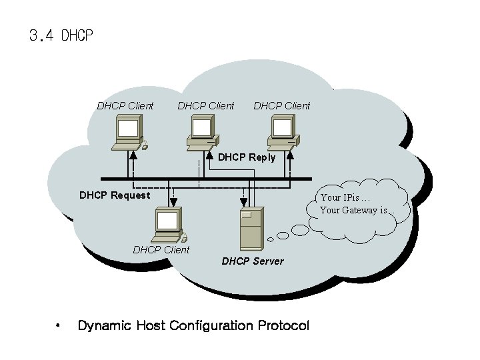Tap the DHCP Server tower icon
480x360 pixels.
click(x=251, y=229)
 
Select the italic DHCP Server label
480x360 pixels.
click(x=252, y=261)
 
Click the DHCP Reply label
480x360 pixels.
click(x=246, y=157)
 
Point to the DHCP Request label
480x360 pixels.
click(x=115, y=195)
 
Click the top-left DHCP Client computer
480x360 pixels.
click(x=129, y=132)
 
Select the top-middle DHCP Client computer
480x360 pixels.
click(x=203, y=132)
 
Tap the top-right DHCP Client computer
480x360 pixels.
click(x=282, y=132)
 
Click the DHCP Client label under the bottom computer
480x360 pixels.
click(x=161, y=250)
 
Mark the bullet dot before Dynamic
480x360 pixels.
click(x=59, y=326)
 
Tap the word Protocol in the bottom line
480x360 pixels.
click(x=283, y=326)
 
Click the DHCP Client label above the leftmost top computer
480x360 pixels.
click(x=125, y=105)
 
